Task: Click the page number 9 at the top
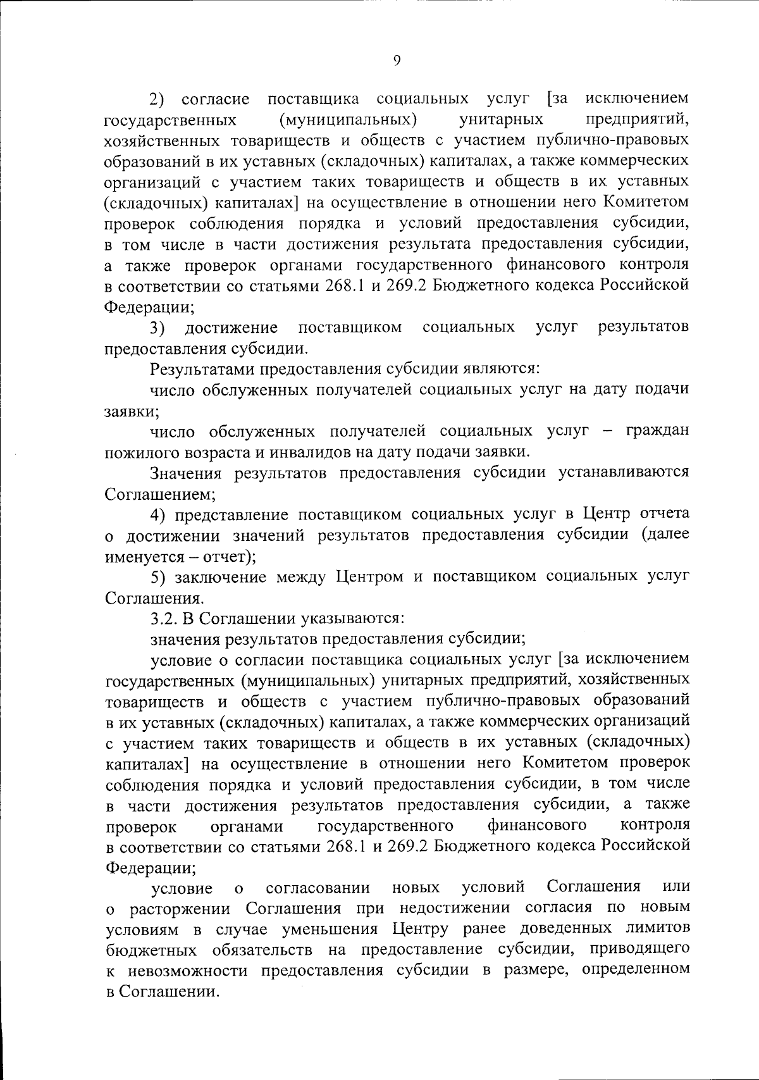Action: (397, 60)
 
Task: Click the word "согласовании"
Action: (318, 888)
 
